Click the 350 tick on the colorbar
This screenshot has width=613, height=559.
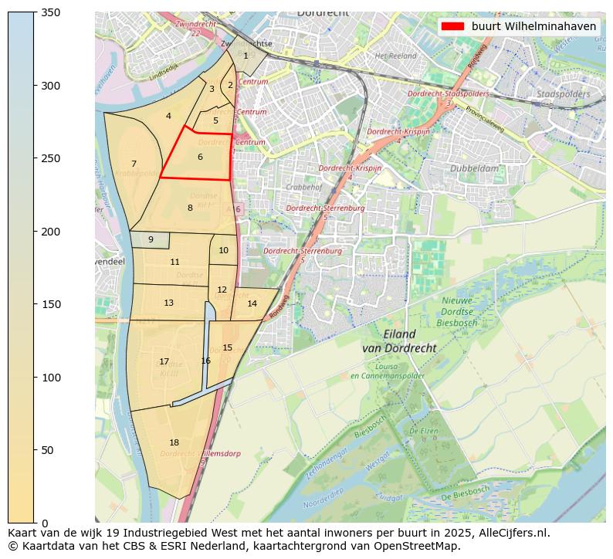[x=35, y=12]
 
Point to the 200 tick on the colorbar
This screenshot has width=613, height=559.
[x=35, y=232]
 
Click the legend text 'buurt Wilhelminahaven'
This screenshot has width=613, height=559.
[x=533, y=26]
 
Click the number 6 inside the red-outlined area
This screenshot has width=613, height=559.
[x=200, y=157]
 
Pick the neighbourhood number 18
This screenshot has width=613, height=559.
[x=174, y=442]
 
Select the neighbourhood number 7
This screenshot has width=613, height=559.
[x=134, y=164]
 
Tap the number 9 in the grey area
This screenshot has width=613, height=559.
[x=151, y=239]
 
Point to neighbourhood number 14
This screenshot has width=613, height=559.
[x=252, y=303]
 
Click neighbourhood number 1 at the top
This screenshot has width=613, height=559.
[x=246, y=55]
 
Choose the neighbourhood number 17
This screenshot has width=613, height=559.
[x=164, y=361]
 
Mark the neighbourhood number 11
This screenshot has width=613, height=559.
[x=174, y=262]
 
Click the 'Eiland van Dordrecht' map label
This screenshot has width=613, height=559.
[x=399, y=341]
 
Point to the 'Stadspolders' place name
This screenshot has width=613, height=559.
[x=564, y=94]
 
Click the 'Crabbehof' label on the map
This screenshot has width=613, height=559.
[x=303, y=187]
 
